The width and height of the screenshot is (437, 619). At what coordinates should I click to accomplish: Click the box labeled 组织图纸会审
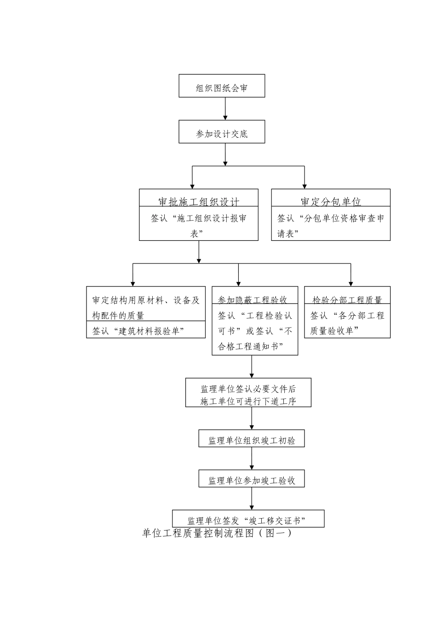[x=222, y=86]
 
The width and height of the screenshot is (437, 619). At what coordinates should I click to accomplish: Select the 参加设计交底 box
[x=222, y=132]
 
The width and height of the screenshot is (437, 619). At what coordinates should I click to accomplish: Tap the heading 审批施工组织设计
[x=199, y=201]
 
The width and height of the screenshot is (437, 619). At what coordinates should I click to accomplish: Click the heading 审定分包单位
[x=331, y=201]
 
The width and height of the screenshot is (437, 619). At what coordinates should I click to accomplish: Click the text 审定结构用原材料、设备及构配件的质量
[x=146, y=308]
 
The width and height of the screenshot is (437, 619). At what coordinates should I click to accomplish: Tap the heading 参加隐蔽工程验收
[x=253, y=300]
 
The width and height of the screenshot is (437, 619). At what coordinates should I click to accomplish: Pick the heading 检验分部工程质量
[x=347, y=300]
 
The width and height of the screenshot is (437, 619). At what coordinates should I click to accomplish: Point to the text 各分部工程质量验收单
[x=347, y=323]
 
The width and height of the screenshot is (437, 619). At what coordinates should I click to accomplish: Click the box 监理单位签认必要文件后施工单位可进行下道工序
[x=248, y=395]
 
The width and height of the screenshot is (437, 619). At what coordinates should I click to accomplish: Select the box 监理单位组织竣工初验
[x=252, y=440]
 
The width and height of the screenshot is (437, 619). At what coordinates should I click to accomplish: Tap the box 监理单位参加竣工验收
[x=252, y=480]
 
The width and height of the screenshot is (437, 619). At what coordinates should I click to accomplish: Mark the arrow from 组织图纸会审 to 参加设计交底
[x=225, y=109]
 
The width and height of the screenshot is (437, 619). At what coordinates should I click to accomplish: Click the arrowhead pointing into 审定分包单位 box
[x=305, y=185]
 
